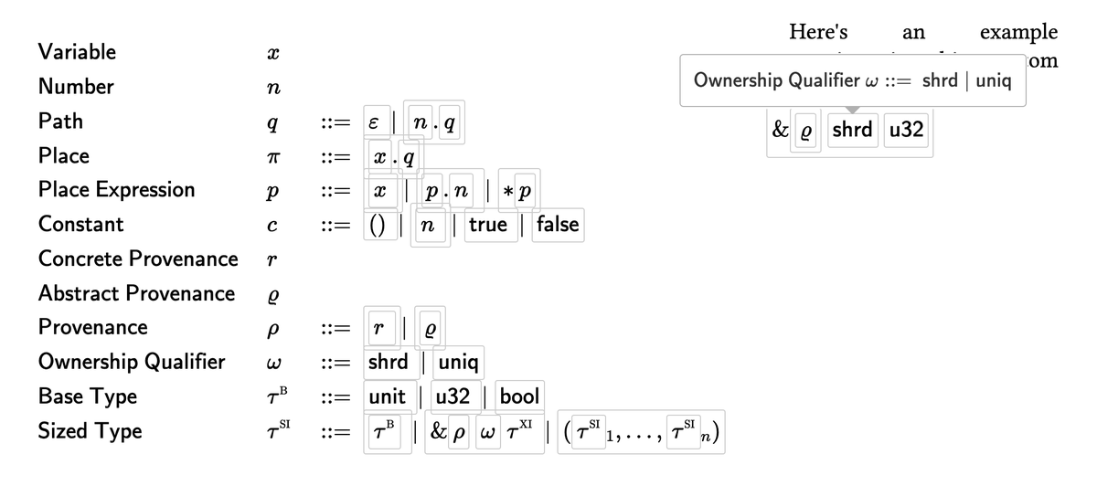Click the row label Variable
point(77,52)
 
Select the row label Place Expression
point(116,189)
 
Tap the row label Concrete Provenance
point(138,259)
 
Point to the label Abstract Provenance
point(136,293)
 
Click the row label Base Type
point(88,396)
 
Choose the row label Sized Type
point(90,430)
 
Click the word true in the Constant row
point(487,224)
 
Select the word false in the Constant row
point(558,224)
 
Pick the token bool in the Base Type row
point(519,396)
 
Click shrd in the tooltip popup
point(939,79)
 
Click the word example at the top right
point(1018,32)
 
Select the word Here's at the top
point(818,32)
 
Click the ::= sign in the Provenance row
point(335,328)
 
